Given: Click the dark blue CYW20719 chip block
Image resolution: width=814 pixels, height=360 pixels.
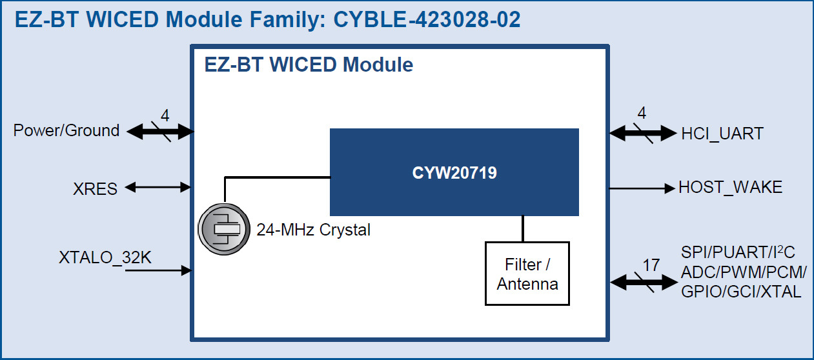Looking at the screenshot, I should [454, 172].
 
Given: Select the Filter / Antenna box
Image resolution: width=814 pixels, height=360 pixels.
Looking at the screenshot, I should [527, 273].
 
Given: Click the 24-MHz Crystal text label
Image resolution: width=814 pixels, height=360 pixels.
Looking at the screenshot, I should [313, 230].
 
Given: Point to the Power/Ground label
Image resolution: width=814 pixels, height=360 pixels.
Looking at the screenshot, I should [66, 131].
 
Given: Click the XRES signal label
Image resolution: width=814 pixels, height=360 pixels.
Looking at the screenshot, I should [96, 189].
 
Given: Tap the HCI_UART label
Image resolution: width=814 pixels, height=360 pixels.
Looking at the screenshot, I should [722, 134].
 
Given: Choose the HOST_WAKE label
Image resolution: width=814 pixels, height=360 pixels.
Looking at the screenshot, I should [730, 188].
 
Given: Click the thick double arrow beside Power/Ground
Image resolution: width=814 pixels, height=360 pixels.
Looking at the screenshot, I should [160, 132].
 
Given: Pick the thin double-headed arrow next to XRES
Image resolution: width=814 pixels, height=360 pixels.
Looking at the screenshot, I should [159, 188].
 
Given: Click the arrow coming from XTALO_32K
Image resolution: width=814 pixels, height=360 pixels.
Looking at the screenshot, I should [159, 270].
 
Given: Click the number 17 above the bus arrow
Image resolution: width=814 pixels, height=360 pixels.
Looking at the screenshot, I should [651, 265].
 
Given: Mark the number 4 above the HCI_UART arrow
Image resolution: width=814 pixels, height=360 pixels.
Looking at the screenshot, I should [641, 114].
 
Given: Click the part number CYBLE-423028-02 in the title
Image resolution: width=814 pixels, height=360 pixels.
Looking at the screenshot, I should [427, 20].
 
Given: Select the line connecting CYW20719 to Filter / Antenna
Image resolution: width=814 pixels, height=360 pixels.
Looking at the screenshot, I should [523, 228].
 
